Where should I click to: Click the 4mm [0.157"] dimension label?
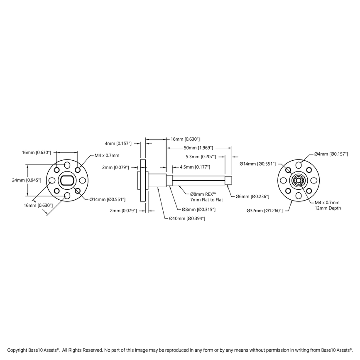pyautogui.click(x=118, y=143)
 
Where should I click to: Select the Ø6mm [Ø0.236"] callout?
pyautogui.click(x=252, y=196)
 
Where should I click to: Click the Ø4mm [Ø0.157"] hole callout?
pyautogui.click(x=331, y=154)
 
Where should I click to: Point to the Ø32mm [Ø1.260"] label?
pyautogui.click(x=264, y=211)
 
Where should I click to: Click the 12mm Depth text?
pyautogui.click(x=328, y=208)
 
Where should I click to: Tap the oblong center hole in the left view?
pyautogui.click(x=67, y=180)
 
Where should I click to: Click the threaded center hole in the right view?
pyautogui.click(x=298, y=180)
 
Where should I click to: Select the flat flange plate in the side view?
pyautogui.click(x=143, y=180)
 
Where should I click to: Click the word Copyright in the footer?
pyautogui.click(x=17, y=350)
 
